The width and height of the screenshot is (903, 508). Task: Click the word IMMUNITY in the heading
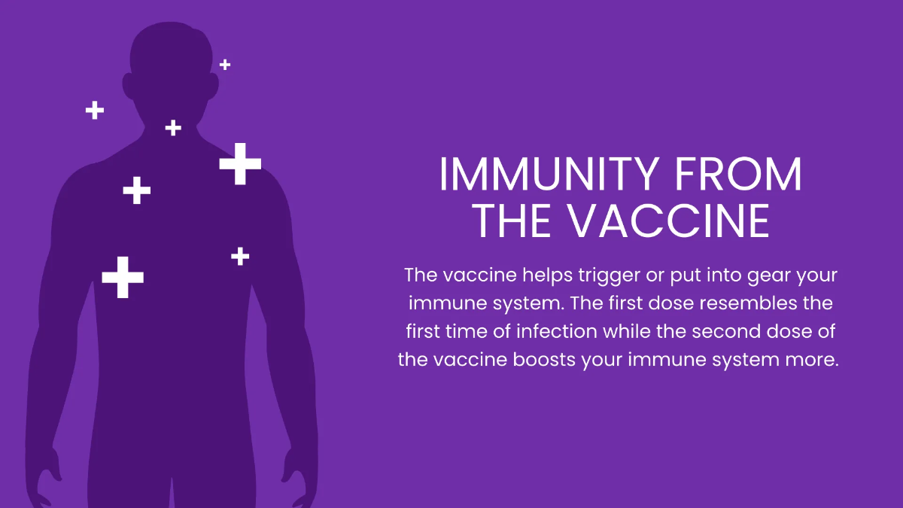[549, 174]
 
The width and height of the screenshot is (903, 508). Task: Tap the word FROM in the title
[738, 174]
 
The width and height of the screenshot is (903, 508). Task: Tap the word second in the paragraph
[726, 331]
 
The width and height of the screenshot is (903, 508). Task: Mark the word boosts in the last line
[544, 360]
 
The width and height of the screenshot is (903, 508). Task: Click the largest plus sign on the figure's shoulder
[240, 164]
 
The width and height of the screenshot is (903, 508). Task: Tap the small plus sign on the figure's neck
[173, 128]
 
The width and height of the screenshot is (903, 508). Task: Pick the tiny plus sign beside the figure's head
[225, 65]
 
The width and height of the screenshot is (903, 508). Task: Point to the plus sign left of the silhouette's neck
[95, 110]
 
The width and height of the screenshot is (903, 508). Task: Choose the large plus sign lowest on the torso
[123, 278]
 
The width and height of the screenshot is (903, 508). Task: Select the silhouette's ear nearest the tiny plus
[214, 87]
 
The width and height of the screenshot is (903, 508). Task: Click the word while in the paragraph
[627, 331]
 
